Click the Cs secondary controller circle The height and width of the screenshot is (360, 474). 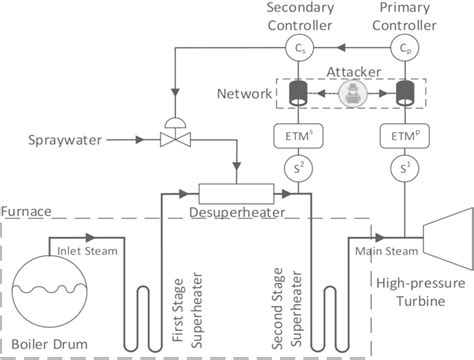click(x=299, y=47)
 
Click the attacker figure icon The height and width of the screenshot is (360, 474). click(x=352, y=93)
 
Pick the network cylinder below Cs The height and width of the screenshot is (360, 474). click(x=299, y=93)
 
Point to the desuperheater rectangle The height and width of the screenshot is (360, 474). click(x=243, y=192)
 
